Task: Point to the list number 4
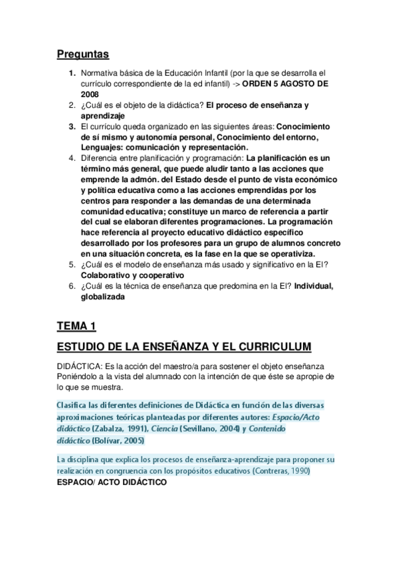tap(72, 158)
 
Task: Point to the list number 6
tap(72, 286)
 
